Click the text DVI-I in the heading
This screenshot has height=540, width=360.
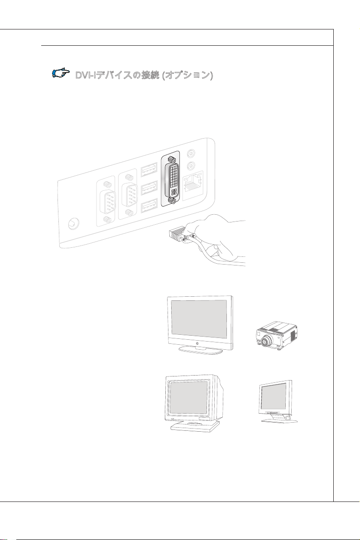(86, 75)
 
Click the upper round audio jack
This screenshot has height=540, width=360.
(193, 154)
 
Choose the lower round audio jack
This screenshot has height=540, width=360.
(193, 166)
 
